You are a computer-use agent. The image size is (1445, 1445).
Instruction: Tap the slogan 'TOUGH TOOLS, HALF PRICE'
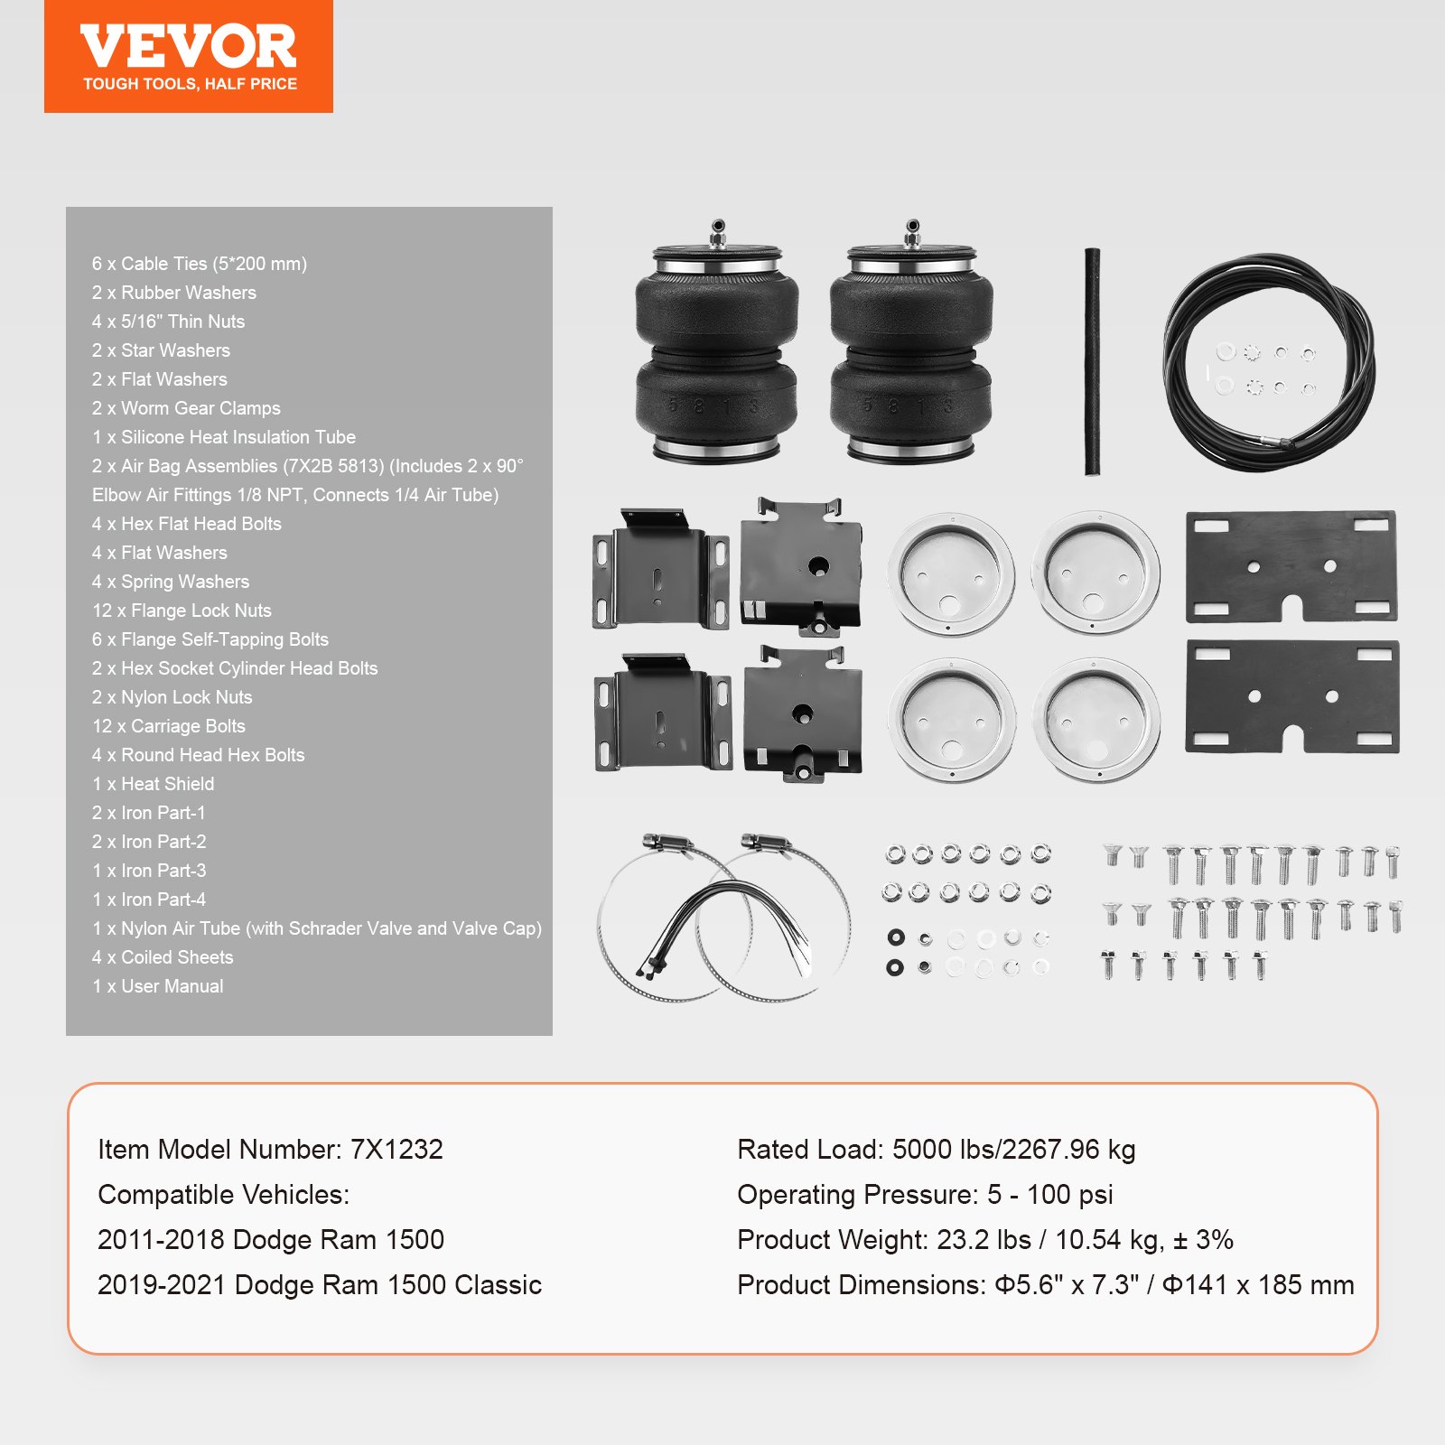pyautogui.click(x=190, y=84)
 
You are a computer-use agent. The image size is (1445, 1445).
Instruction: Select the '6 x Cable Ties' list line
pyautogui.click(x=199, y=264)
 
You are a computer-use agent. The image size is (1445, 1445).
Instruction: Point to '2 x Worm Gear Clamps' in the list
pyautogui.click(x=186, y=408)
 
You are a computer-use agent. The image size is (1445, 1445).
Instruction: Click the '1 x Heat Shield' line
pyautogui.click(x=154, y=784)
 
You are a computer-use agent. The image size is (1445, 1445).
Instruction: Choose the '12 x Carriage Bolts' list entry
pyautogui.click(x=169, y=726)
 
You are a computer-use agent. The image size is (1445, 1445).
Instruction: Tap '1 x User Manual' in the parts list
pyautogui.click(x=158, y=986)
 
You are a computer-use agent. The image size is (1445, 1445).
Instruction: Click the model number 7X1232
pyautogui.click(x=396, y=1150)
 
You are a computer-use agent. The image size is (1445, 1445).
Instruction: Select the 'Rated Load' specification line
pyautogui.click(x=936, y=1150)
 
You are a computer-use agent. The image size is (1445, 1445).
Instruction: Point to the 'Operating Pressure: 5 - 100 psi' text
pyautogui.click(x=925, y=1195)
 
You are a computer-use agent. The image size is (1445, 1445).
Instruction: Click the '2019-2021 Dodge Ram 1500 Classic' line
pyautogui.click(x=320, y=1285)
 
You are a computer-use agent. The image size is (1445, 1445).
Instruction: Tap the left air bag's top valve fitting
pyautogui.click(x=718, y=233)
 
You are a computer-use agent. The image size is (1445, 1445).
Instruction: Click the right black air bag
pyautogui.click(x=911, y=352)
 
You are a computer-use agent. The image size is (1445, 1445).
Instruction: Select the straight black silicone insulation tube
pyautogui.click(x=1092, y=361)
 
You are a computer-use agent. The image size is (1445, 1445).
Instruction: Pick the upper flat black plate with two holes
pyautogui.click(x=1291, y=567)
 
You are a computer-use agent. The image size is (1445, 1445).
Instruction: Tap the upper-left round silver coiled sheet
pyautogui.click(x=951, y=574)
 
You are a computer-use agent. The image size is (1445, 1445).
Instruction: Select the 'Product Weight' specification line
pyautogui.click(x=984, y=1240)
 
